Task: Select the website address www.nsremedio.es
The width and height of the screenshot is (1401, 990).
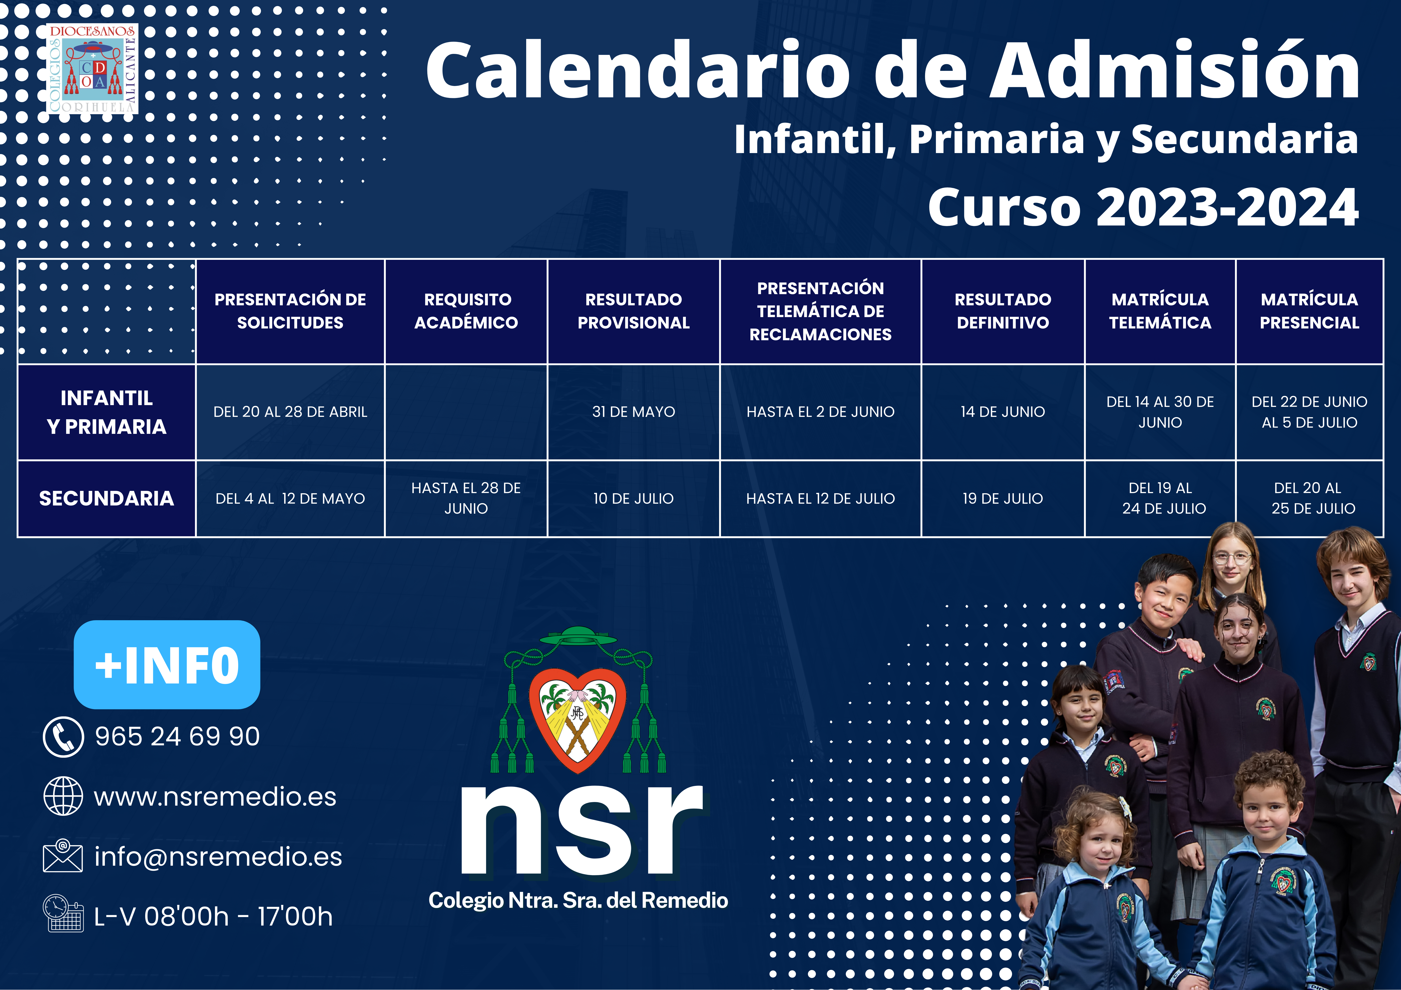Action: coord(215,796)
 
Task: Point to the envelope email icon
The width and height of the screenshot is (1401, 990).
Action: coord(63,856)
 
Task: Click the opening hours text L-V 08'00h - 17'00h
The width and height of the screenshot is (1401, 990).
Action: coord(214,916)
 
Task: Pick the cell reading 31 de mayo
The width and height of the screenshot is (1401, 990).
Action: coord(633,412)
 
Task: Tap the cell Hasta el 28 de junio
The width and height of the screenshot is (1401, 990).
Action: coord(466,498)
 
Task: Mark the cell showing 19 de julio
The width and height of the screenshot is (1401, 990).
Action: coord(1003,498)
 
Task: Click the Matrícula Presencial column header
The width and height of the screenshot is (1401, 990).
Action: coord(1310,311)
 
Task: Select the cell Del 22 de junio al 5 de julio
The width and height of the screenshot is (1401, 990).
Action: coord(1310,412)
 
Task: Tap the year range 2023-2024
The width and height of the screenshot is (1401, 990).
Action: coord(1228,207)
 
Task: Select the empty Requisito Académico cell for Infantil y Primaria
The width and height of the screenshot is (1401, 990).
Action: coord(466,412)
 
